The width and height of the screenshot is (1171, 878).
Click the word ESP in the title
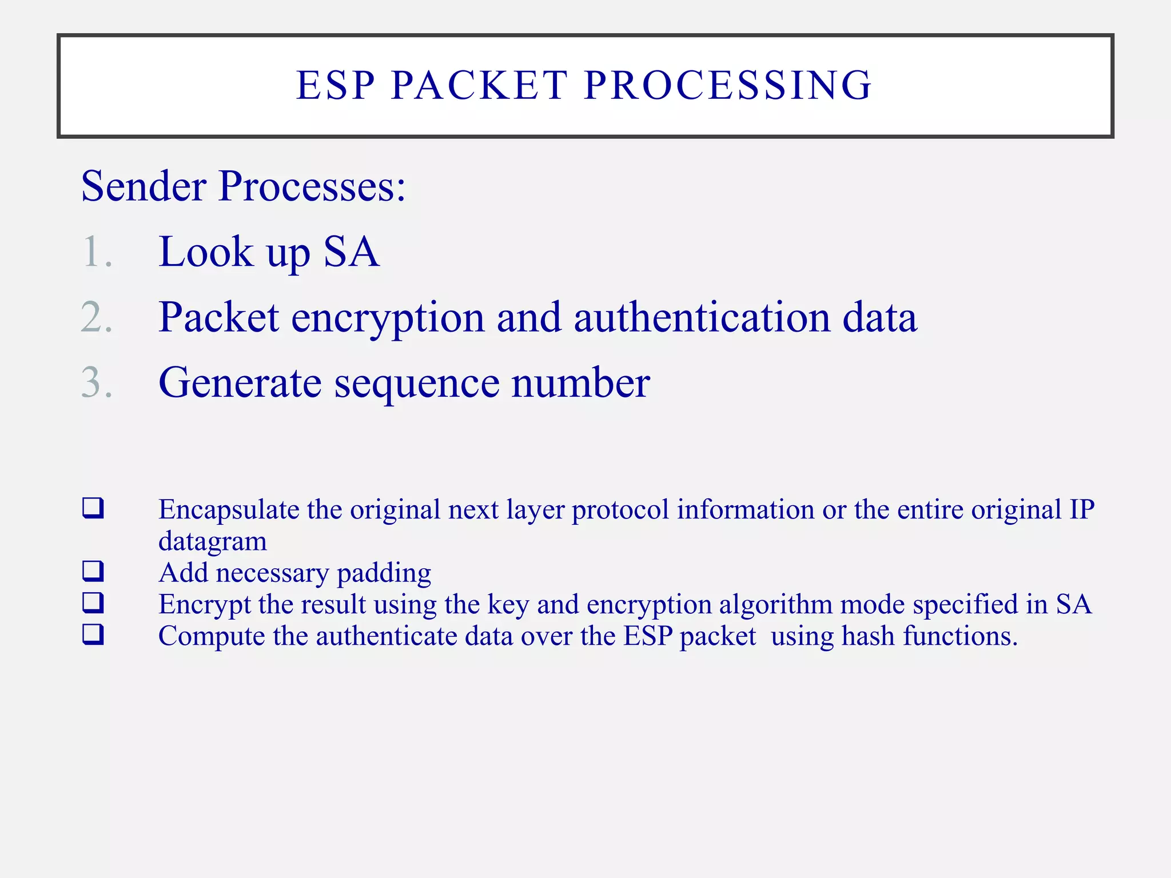(336, 86)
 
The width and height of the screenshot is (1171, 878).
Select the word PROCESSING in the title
(727, 86)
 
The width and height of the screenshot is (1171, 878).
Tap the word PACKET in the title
(479, 86)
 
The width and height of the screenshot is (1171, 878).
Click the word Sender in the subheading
(144, 186)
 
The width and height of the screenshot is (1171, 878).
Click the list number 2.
(96, 317)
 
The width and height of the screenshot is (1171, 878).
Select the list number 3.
(96, 382)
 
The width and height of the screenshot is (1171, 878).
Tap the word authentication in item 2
(702, 317)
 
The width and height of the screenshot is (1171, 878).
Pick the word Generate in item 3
(240, 382)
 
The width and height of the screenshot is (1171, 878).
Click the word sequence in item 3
(417, 384)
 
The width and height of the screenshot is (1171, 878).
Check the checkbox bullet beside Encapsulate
(93, 508)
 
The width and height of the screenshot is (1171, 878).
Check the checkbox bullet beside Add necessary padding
(93, 570)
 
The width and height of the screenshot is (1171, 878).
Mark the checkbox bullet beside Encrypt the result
(93, 602)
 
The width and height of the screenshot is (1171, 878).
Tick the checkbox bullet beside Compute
(93, 634)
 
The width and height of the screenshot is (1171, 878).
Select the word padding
(384, 573)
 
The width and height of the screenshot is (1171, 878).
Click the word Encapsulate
(229, 510)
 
